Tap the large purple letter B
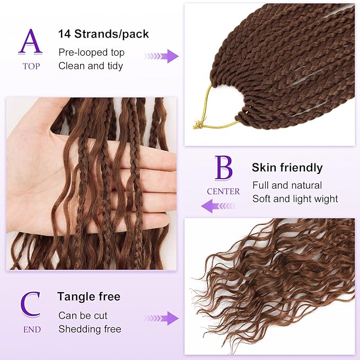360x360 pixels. click(223, 168)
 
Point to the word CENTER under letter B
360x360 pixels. click(223, 191)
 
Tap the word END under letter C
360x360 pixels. click(31, 329)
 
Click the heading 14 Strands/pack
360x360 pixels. click(103, 34)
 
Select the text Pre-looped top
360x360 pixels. click(91, 52)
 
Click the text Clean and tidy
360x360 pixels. click(91, 66)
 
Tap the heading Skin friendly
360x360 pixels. click(287, 168)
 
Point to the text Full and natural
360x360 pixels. click(287, 186)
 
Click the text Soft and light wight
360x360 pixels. click(295, 199)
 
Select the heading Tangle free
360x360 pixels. click(89, 296)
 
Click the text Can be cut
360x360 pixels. click(83, 315)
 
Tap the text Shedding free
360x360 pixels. click(90, 329)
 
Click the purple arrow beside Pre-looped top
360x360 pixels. click(162, 56)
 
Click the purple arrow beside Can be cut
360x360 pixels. click(162, 318)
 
